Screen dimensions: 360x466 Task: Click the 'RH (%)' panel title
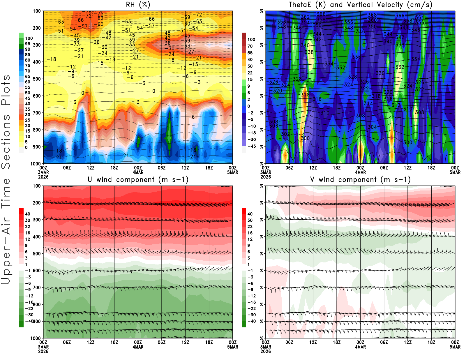point(138,5)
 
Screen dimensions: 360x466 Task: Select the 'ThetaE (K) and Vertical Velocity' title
point(360,5)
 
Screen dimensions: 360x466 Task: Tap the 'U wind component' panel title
point(138,180)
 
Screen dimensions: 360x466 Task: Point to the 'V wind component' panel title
point(360,180)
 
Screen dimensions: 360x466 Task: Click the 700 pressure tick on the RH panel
point(37,113)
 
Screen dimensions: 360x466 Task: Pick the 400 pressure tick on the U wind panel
point(37,237)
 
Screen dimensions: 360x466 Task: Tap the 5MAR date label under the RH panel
point(233,172)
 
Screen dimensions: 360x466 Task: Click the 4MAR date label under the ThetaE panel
point(360,172)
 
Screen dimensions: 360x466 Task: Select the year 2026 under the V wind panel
point(266,351)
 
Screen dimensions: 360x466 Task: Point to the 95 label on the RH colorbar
point(27,44)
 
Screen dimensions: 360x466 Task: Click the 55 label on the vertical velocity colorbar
point(250,53)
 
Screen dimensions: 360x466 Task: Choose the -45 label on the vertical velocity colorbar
point(251,146)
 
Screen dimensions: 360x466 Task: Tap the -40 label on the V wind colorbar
point(251,321)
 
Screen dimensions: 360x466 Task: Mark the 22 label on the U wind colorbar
point(27,227)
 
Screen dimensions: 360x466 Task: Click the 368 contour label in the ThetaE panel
point(372,15)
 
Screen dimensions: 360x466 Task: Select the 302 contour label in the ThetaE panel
point(285,134)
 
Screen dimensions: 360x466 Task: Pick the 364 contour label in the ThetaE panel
point(419,17)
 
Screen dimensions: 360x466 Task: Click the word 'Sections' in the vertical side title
point(6,141)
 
